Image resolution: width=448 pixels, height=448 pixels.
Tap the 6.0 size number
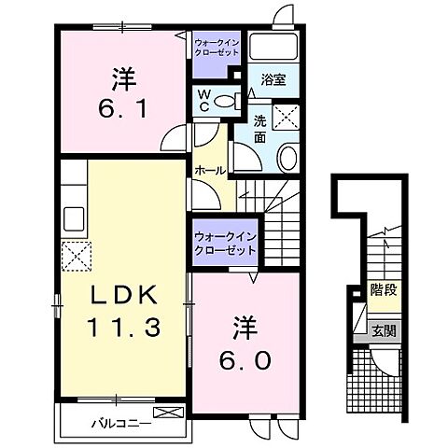point(242,358)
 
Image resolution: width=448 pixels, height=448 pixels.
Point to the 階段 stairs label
point(381,288)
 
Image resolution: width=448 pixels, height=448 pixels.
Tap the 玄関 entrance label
point(383,329)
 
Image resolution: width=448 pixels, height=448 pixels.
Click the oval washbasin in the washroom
point(287,156)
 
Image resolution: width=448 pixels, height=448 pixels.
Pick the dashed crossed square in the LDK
point(74,255)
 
